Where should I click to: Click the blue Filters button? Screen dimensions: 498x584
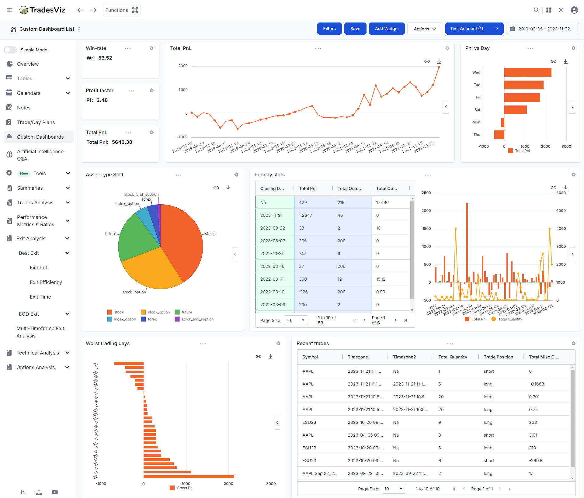tap(329, 29)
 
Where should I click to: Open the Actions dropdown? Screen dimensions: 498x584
tap(425, 29)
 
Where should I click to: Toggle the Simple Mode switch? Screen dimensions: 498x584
tap(11, 50)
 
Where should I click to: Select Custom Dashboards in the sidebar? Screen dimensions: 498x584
tap(40, 137)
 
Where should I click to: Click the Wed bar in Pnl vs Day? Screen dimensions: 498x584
tap(527, 72)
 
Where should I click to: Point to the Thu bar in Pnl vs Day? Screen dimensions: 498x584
tap(499, 135)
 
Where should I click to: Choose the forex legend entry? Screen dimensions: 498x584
tap(152, 319)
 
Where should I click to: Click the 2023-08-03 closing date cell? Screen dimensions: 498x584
tap(273, 241)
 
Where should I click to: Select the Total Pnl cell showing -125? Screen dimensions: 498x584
tap(303, 292)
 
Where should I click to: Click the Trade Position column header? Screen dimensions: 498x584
tap(498, 357)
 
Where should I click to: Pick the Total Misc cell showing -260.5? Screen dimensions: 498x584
tap(536, 461)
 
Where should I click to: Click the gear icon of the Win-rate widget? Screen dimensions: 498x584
tap(152, 48)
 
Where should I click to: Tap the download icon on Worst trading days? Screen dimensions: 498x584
tap(270, 357)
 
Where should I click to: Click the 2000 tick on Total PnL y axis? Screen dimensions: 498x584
tap(183, 66)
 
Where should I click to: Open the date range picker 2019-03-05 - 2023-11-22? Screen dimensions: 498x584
tap(543, 29)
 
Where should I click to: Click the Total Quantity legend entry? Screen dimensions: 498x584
tap(510, 319)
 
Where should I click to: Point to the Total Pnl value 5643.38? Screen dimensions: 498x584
tap(122, 142)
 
